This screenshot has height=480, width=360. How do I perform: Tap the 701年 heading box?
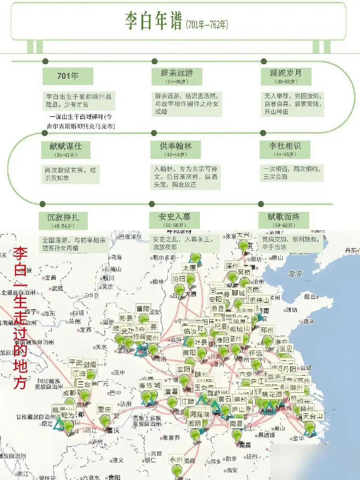[x=68, y=76]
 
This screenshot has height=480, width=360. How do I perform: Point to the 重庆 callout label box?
[x=105, y=409]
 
